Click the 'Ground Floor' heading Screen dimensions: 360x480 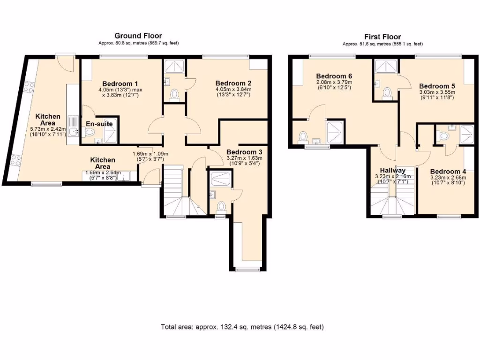click(138, 36)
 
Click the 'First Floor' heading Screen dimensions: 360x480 click(382, 37)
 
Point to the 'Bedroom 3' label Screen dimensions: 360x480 click(244, 152)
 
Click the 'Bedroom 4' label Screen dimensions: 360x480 click(448, 172)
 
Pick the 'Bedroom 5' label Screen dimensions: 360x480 click(437, 86)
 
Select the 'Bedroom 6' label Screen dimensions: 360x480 click(334, 76)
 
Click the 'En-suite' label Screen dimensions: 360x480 click(99, 124)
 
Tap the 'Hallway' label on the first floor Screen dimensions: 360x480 click(392, 170)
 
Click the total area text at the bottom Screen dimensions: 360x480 click(242, 327)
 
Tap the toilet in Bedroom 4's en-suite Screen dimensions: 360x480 click(444, 136)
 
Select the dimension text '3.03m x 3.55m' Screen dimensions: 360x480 click(437, 93)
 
